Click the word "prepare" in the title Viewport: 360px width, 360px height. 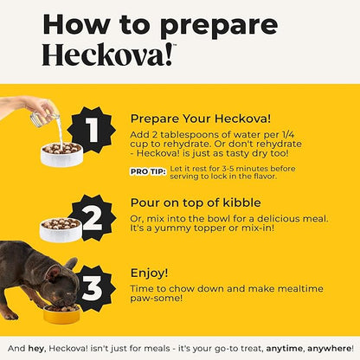219,26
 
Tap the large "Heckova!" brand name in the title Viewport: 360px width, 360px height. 107,55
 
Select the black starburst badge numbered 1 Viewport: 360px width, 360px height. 93,130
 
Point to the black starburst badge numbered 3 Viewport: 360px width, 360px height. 93,288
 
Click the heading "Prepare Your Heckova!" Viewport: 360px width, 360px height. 201,119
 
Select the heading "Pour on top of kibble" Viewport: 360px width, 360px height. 196,202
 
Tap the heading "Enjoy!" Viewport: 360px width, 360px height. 149,273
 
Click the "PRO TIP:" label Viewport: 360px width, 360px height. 148,171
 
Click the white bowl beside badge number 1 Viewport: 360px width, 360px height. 61,155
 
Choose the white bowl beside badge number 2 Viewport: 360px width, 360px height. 61,230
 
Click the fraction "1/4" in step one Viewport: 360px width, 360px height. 288,135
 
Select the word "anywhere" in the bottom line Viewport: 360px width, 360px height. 329,349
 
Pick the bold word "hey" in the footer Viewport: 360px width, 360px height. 36,349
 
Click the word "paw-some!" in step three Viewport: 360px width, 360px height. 157,298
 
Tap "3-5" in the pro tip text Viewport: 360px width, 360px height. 228,169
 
